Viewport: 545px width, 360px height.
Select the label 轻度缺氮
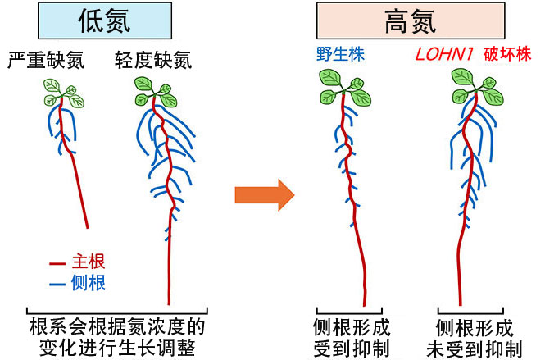coord(154,60)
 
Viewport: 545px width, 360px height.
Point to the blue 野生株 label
coord(340,56)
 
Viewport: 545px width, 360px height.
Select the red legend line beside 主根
coord(57,264)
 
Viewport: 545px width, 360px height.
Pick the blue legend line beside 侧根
coord(57,284)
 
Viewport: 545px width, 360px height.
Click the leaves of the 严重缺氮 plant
coord(63,93)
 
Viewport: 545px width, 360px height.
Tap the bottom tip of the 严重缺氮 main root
coord(87,227)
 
